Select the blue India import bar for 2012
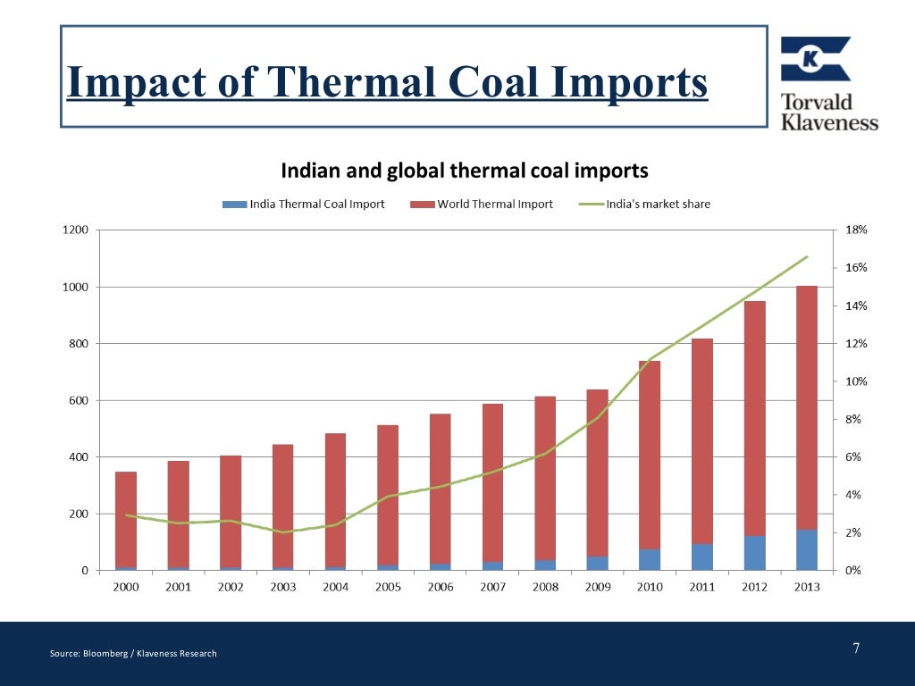754,553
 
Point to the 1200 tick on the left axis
75,230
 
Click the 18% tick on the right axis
856,230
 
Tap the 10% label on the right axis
856,381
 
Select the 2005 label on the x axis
388,587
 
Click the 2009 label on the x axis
597,587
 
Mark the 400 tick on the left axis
77,457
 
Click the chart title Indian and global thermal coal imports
465,171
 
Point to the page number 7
856,648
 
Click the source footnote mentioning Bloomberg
133,654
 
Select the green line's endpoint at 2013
807,256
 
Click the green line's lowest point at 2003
283,532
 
